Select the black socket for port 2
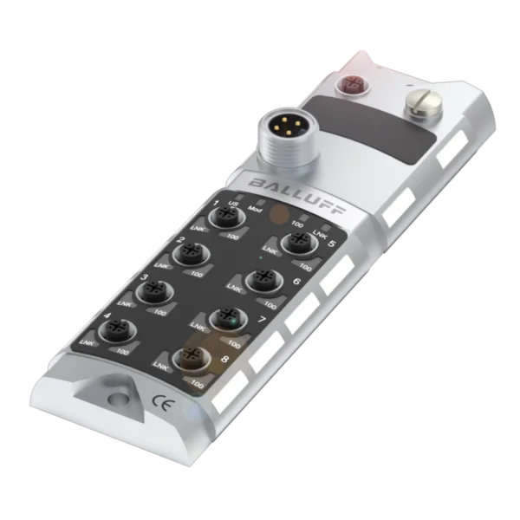coord(188,254)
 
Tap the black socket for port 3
coord(155,294)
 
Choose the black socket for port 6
coord(260,279)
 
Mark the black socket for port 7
coord(225,318)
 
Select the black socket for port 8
coord(187,357)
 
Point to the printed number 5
coord(334,244)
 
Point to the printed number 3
coord(144,277)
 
